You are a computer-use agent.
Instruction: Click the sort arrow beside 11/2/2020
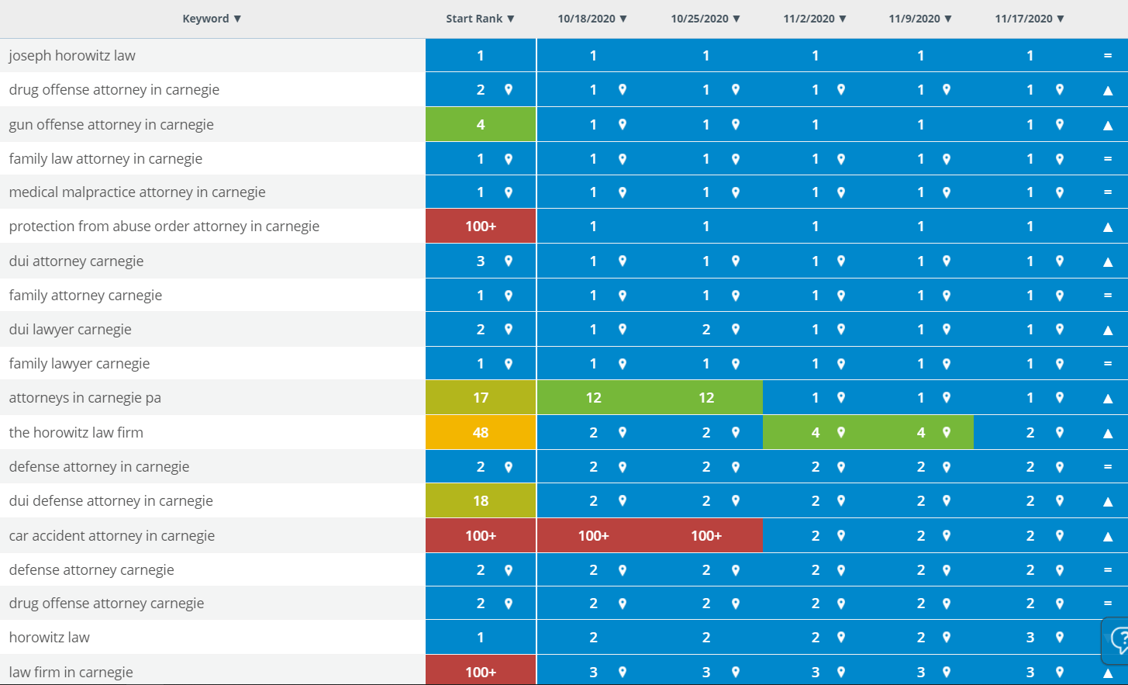843,19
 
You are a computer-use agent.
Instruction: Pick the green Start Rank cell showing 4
481,124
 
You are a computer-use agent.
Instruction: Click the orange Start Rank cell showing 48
481,432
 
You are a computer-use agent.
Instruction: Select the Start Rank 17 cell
481,398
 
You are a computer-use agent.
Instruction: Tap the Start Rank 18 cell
481,501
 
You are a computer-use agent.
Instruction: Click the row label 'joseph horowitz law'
72,55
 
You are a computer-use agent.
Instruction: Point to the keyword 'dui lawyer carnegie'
70,330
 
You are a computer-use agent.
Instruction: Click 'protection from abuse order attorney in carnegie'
164,227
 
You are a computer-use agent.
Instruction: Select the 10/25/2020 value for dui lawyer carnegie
706,330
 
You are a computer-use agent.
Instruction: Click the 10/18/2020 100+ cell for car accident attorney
594,536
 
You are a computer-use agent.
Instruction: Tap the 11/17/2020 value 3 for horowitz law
1030,638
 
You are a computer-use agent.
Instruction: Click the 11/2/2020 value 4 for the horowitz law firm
816,432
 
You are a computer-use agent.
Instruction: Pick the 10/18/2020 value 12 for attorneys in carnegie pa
594,398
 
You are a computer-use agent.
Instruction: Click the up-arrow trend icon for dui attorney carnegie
1108,262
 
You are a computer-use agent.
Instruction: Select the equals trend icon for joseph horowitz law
1108,55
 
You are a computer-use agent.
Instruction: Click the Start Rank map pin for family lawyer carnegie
509,363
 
